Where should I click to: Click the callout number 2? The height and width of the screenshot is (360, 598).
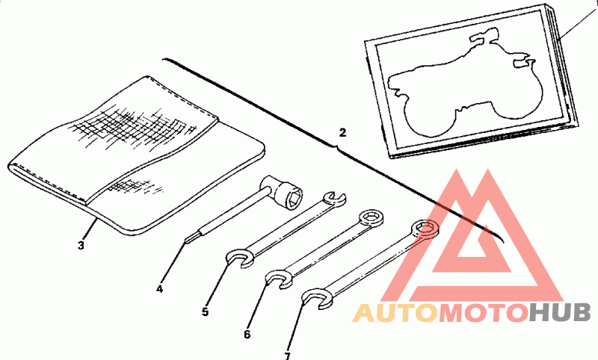click(342, 133)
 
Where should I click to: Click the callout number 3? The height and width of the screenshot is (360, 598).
click(81, 244)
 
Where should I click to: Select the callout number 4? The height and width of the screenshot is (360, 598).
click(159, 288)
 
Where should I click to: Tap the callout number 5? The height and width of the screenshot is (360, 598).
click(206, 311)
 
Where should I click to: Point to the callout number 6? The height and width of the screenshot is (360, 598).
click(247, 334)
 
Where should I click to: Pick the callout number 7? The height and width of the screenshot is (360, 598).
click(288, 356)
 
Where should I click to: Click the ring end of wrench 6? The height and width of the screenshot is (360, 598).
click(370, 218)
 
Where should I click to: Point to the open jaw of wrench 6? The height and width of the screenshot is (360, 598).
click(279, 279)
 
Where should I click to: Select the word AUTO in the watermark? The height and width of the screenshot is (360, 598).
click(394, 313)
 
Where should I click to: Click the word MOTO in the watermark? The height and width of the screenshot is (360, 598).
click(482, 313)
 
